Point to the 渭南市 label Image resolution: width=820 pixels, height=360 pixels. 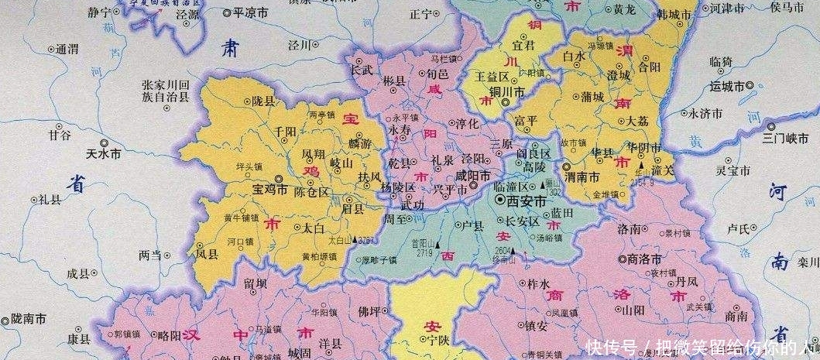[583, 177]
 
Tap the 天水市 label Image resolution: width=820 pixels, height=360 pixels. [103, 155]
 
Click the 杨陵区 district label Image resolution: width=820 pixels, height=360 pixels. [398, 188]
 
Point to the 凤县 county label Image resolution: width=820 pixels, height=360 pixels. [208, 252]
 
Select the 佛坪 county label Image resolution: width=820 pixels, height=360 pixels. [369, 312]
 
